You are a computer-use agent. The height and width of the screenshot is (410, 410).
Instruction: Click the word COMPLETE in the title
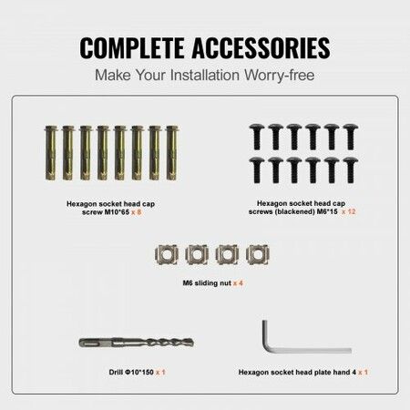(135, 47)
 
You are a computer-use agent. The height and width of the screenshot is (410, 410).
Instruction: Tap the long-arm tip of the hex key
(349, 351)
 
